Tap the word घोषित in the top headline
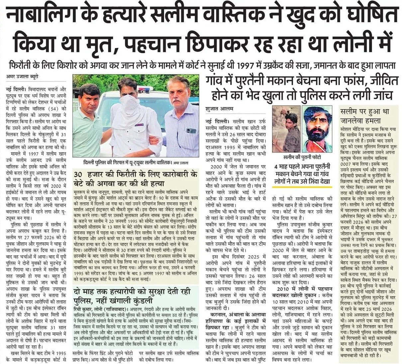[x=374, y=15]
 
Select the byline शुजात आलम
[x=220, y=108]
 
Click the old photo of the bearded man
[x=317, y=128]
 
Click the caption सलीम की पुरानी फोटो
[x=302, y=156]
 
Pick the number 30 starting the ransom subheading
[x=78, y=175]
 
